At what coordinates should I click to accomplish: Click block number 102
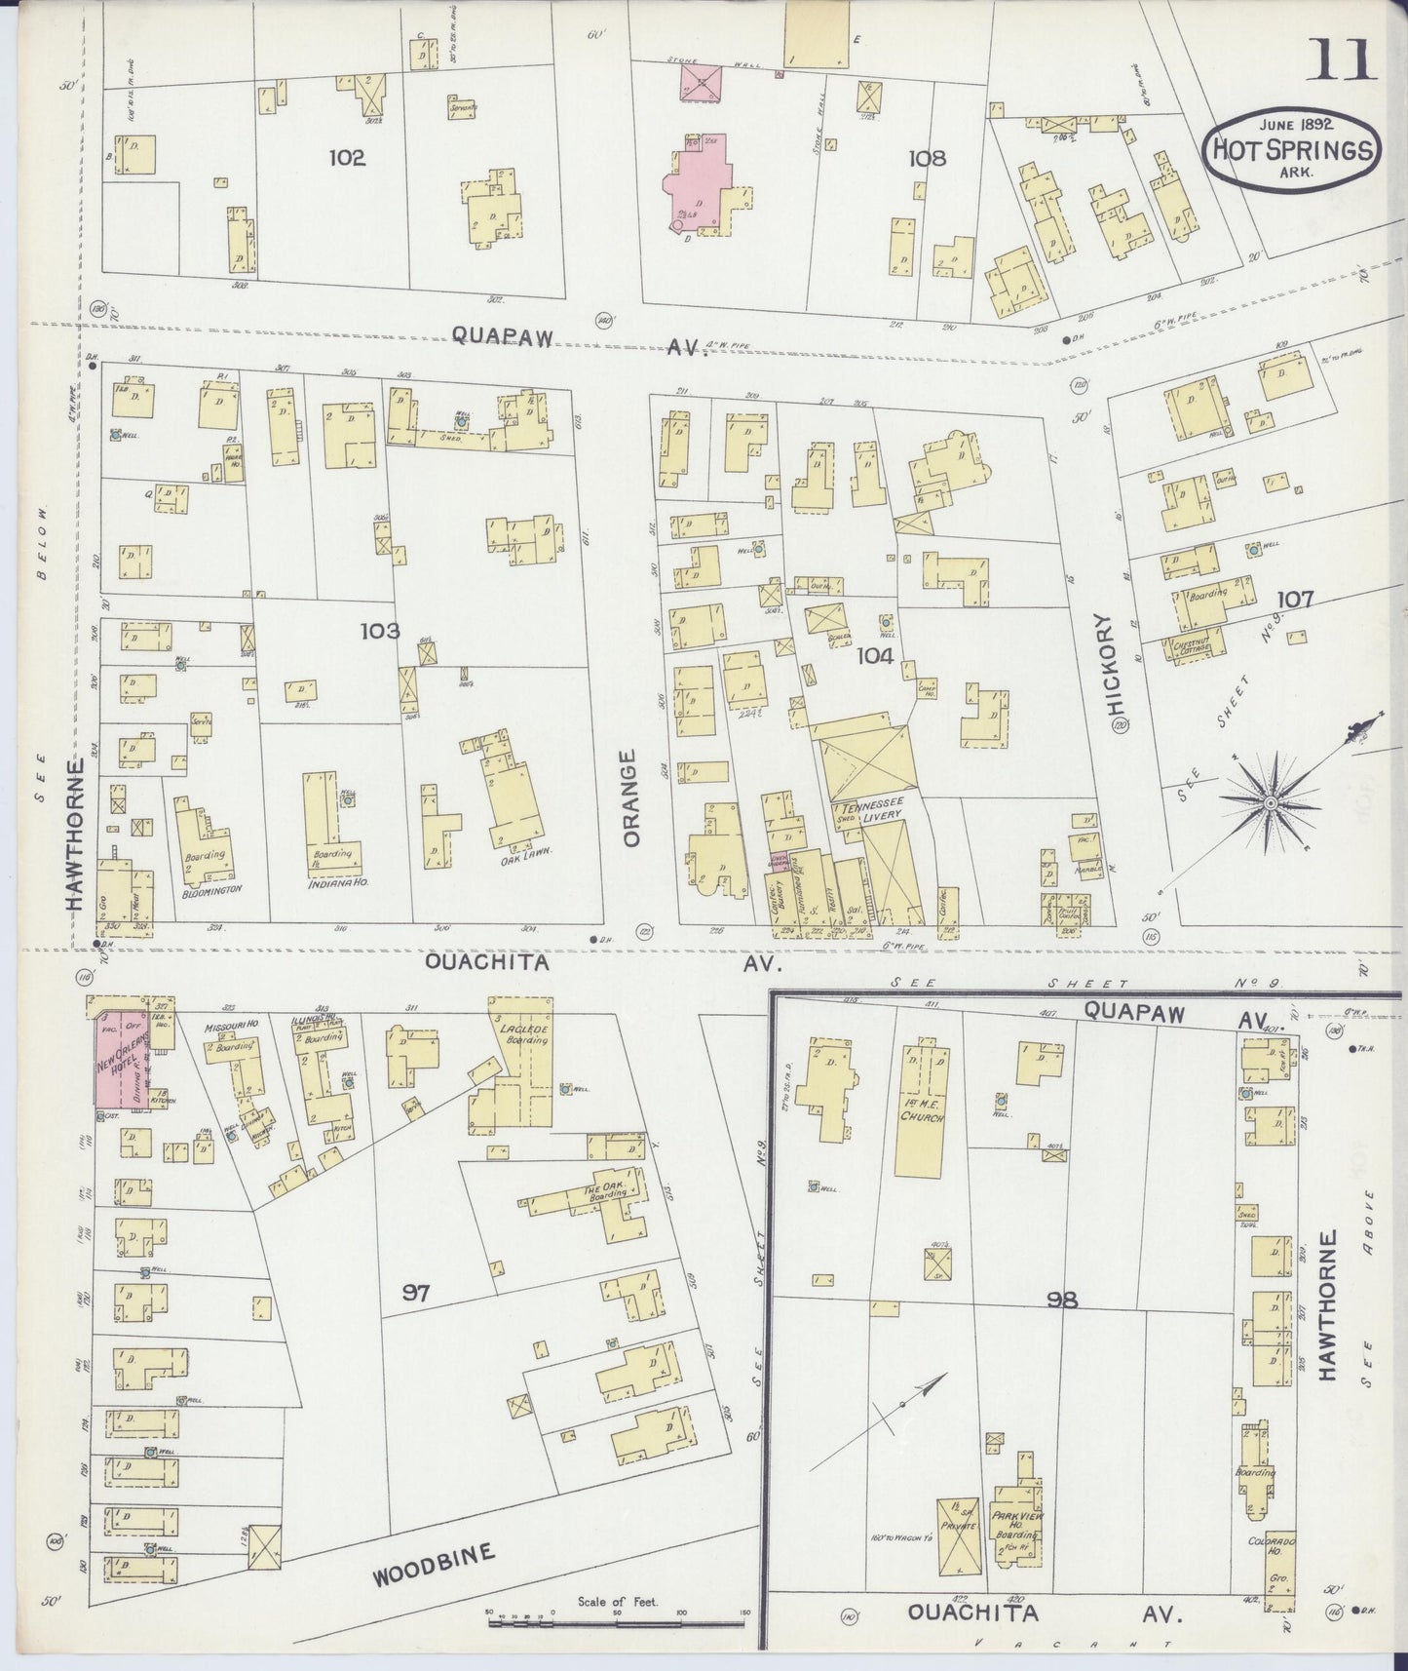pyautogui.click(x=347, y=158)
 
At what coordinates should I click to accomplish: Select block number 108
pyautogui.click(x=926, y=158)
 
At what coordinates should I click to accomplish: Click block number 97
pyautogui.click(x=416, y=1294)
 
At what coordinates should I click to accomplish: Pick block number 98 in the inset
pyautogui.click(x=1060, y=1300)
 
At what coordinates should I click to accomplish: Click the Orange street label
pyautogui.click(x=630, y=797)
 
